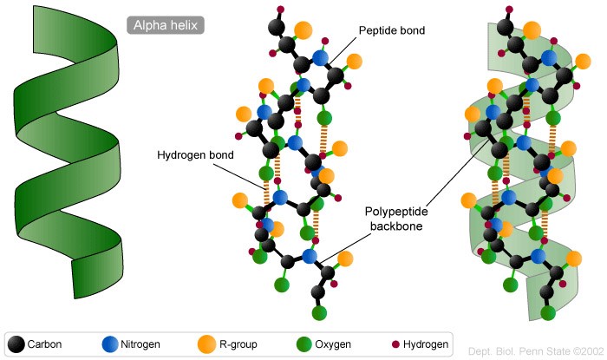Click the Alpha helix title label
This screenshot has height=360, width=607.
click(x=166, y=25)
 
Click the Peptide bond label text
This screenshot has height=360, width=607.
click(x=392, y=30)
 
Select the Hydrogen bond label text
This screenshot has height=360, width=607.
click(x=195, y=154)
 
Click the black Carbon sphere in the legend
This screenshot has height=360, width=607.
click(x=16, y=344)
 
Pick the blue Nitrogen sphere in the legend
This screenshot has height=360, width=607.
click(x=110, y=344)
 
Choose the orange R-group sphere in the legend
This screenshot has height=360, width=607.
click(x=206, y=344)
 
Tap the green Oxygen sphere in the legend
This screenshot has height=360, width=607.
click(x=303, y=344)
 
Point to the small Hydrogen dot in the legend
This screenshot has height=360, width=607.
click(x=395, y=344)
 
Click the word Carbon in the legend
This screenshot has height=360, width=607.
click(x=44, y=344)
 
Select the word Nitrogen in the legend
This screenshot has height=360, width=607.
click(x=140, y=344)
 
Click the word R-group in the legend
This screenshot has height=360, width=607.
click(x=238, y=344)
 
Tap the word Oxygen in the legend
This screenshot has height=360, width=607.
click(x=333, y=344)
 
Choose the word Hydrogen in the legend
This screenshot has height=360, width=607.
click(x=426, y=344)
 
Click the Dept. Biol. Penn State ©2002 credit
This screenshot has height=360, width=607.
click(x=536, y=351)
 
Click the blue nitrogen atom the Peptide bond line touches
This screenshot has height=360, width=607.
click(x=320, y=58)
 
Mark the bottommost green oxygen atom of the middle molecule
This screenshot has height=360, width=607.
click(x=319, y=312)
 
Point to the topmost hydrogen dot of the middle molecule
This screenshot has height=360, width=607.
click(x=281, y=10)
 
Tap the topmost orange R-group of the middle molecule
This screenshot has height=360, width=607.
click(x=303, y=30)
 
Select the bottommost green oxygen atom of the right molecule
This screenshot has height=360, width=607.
click(x=548, y=312)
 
